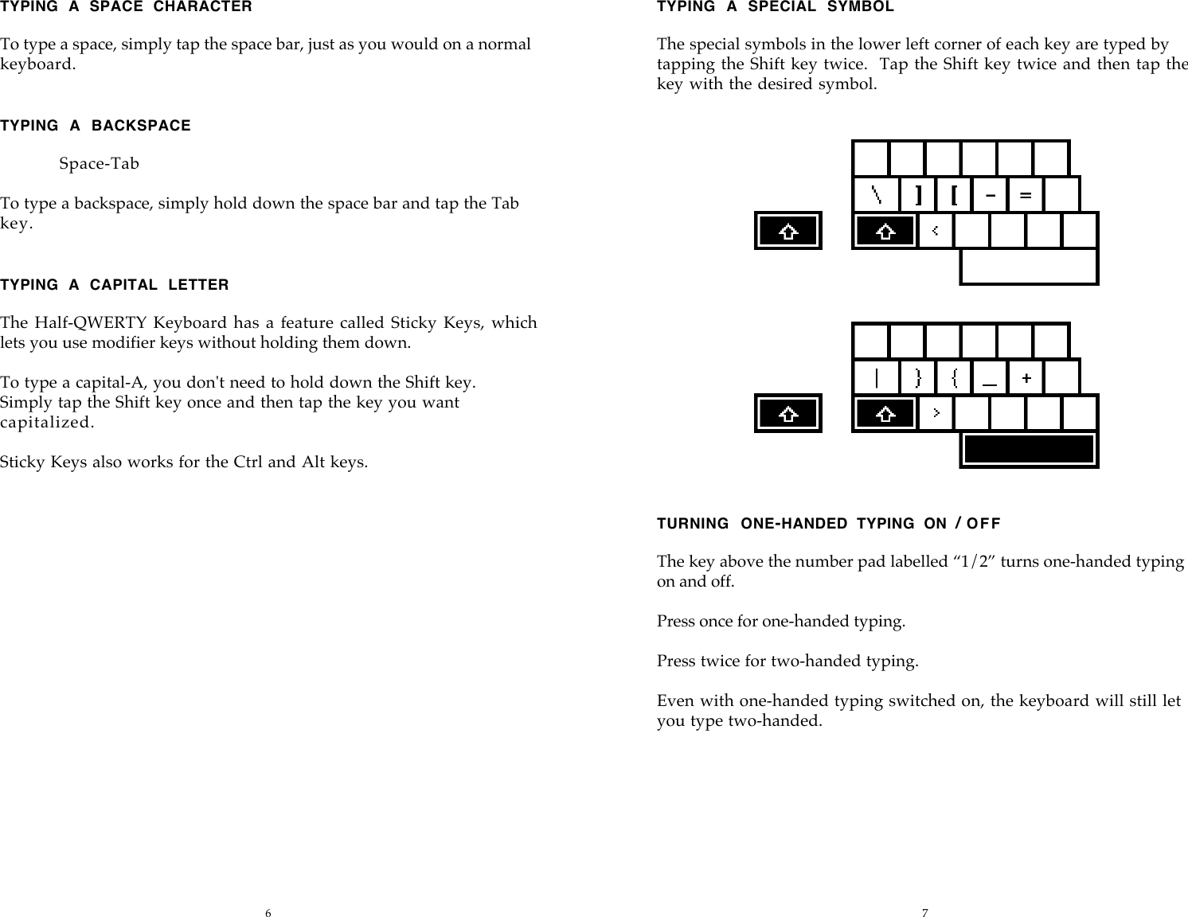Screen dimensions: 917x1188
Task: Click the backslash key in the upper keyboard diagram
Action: pos(876,194)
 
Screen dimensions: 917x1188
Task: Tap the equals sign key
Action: pos(1026,194)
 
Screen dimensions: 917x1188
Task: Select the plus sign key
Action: pos(1026,377)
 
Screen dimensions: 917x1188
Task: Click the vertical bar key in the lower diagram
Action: pos(876,377)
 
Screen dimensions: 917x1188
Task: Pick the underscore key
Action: pos(990,377)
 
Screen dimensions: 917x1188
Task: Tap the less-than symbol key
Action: pos(936,231)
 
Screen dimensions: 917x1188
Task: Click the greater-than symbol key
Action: pos(936,413)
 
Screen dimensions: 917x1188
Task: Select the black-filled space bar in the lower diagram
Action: pos(1029,450)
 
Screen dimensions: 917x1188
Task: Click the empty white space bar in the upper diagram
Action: pos(1029,267)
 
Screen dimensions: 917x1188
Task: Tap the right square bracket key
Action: pos(919,194)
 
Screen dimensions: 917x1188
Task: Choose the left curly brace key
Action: pos(954,377)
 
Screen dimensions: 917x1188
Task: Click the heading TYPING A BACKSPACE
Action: pos(96,126)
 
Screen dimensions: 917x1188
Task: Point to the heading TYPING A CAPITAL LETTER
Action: pos(115,285)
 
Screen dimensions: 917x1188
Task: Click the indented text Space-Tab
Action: pos(99,164)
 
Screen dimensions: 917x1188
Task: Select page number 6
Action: pos(268,912)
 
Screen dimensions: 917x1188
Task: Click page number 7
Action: pos(924,912)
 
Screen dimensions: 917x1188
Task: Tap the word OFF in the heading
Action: pos(984,524)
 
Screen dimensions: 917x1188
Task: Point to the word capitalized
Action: pos(47,423)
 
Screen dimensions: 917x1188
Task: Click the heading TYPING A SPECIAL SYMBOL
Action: pos(775,7)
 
